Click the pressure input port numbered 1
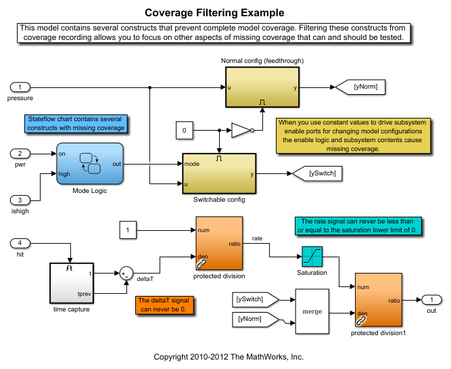[21, 87]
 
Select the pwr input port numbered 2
[21, 153]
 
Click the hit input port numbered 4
[21, 242]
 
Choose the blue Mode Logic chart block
[90, 164]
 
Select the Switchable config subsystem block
[219, 173]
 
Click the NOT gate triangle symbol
[241, 129]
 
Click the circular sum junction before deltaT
[126, 274]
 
